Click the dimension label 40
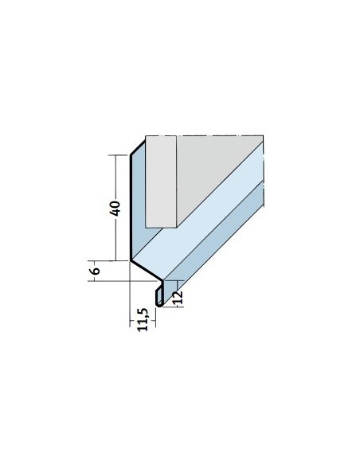(115, 208)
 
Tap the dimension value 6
(96, 271)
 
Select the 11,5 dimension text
(143, 320)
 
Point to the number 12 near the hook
(178, 298)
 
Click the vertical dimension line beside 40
(115, 208)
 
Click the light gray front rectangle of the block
(161, 182)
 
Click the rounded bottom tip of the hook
(159, 305)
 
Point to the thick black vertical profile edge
(131, 208)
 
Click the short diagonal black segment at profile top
(138, 147)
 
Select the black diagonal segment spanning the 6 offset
(146, 270)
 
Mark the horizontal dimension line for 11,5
(143, 321)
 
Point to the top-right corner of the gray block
(264, 136)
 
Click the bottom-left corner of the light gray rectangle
(146, 228)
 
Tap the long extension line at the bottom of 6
(124, 280)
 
